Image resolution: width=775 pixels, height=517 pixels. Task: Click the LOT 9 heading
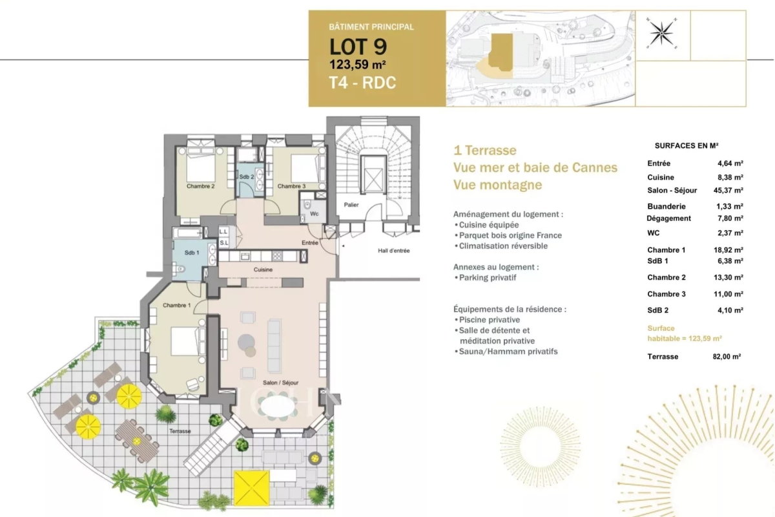(x=358, y=47)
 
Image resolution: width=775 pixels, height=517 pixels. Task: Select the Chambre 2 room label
(x=200, y=186)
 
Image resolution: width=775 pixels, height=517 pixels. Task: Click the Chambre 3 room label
(x=291, y=186)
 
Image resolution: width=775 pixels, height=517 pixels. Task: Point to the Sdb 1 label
(x=191, y=253)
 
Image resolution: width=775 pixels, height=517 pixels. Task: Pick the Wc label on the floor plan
(x=314, y=213)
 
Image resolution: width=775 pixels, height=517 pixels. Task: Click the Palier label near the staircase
(x=351, y=205)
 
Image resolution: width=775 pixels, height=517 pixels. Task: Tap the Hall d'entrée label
(x=394, y=250)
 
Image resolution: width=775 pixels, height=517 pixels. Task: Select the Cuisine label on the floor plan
(x=263, y=269)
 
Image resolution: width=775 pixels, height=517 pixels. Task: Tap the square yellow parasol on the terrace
(x=251, y=488)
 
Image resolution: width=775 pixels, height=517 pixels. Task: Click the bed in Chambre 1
(x=187, y=341)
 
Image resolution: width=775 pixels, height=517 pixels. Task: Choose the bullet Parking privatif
(x=488, y=278)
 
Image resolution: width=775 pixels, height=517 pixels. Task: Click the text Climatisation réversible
(x=503, y=246)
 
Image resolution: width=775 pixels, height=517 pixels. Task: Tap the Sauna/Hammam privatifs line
(x=508, y=352)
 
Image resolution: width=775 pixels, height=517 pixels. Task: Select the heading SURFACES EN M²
(x=687, y=147)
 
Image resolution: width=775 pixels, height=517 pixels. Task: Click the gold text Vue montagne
(x=498, y=185)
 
